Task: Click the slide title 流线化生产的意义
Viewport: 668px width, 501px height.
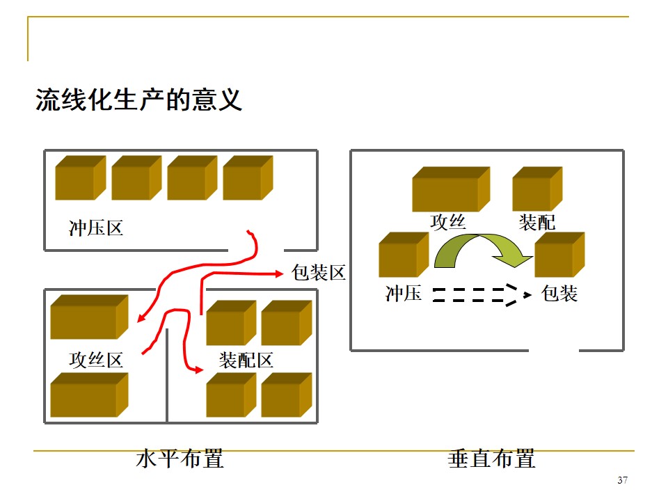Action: [x=139, y=100]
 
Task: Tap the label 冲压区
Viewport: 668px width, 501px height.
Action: [x=96, y=228]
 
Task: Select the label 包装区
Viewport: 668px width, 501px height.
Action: [x=319, y=272]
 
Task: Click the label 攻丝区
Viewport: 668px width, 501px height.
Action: [x=96, y=360]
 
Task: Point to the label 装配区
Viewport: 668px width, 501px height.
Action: [x=246, y=360]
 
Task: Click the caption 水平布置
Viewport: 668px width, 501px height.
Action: [x=180, y=459]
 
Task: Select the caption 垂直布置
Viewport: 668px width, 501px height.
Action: [x=491, y=459]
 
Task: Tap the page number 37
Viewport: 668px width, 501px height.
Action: [x=622, y=481]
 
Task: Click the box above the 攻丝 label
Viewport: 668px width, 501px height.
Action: [x=451, y=189]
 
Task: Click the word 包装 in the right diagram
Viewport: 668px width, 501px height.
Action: [x=559, y=294]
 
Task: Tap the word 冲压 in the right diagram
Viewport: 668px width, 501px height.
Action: [x=404, y=294]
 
